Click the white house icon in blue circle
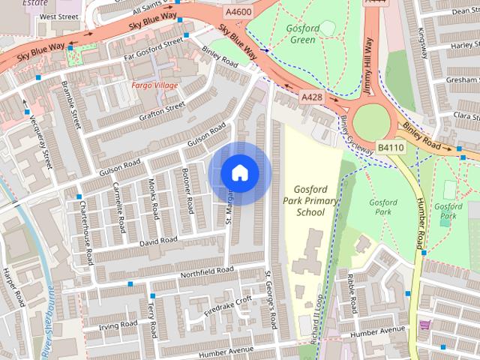pyautogui.click(x=239, y=173)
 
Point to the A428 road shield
pyautogui.click(x=310, y=97)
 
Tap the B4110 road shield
pyautogui.click(x=389, y=147)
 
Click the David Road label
pyautogui.click(x=158, y=241)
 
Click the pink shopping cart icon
pyautogui.click(x=425, y=325)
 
